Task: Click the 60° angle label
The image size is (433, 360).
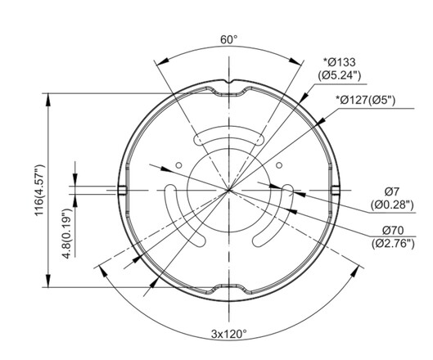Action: click(229, 38)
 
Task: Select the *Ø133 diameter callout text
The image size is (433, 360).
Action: click(342, 61)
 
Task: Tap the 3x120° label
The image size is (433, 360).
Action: click(229, 334)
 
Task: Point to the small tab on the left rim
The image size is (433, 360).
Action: click(121, 191)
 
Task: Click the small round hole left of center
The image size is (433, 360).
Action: click(178, 165)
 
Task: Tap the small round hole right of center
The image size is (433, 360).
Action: click(279, 165)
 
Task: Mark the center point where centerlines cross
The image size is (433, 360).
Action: click(229, 191)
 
